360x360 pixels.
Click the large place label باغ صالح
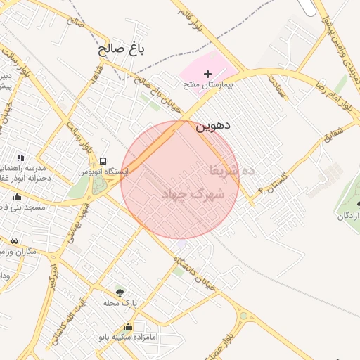coord(121,50)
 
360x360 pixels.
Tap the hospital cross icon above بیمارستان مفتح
coord(207,74)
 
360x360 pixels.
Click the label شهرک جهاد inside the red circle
coord(192,193)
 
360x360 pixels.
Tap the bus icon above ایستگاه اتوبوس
coord(104,161)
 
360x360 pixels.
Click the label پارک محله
coord(119,303)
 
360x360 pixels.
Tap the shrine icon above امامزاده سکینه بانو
coord(128,326)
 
